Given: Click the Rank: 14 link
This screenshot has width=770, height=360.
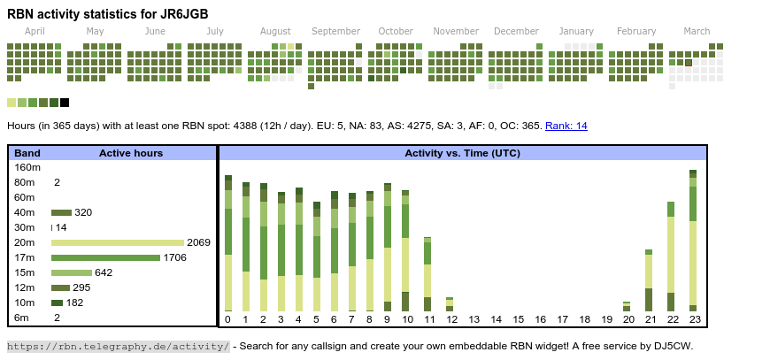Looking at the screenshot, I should coord(566,126).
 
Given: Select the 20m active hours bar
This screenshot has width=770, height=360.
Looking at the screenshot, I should coord(118,242).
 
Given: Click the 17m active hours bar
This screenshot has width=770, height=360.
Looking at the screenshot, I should coord(105,257).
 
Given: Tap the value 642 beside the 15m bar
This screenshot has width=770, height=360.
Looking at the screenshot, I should coord(104,272).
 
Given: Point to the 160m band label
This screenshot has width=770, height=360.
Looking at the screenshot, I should coord(28,167).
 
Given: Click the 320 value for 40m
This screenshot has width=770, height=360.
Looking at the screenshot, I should coord(83,212).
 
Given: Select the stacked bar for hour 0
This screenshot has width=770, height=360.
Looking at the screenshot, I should coord(227,243).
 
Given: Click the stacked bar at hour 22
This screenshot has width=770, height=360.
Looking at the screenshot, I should coord(671,257).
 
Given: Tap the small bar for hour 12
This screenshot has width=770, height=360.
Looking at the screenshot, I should coord(450,304).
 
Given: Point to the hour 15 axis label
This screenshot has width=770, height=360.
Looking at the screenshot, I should coord(519,319).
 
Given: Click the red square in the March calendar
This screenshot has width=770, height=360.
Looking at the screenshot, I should coord(689,63).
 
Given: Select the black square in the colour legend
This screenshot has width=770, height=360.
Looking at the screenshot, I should coord(65,103).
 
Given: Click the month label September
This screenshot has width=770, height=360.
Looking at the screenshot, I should coord(335,31).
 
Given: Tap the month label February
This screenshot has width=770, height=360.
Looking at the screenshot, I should coord(636,31).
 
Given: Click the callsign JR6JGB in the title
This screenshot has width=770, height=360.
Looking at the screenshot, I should coord(187,13).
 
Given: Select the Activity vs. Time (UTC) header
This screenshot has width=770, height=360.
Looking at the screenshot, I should coord(462,153).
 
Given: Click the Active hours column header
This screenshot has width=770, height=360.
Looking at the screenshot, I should coord(131,153).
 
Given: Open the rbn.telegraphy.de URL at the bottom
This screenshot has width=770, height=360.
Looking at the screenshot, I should coord(119,346).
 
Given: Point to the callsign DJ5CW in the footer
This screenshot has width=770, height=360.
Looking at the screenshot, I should coord(675,346).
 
